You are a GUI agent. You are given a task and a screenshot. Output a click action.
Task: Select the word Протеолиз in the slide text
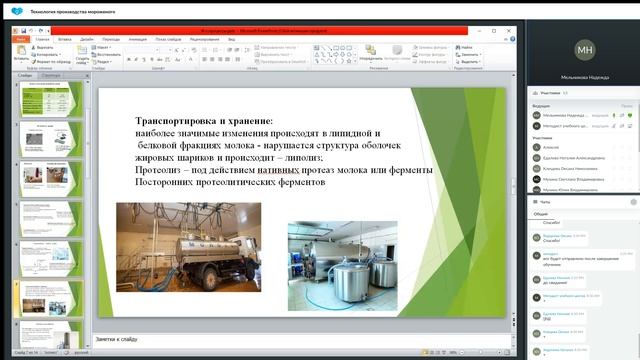[166, 170]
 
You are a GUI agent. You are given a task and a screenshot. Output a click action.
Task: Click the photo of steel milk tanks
[342, 265]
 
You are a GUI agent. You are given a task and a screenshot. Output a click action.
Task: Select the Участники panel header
[553, 92]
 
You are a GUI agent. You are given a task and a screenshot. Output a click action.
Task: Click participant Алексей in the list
[550, 146]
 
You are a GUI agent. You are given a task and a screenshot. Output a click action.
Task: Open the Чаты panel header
[545, 201]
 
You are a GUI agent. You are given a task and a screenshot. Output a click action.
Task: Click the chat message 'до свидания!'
[556, 283]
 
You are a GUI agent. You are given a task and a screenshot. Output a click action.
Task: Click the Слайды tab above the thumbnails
[25, 75]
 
